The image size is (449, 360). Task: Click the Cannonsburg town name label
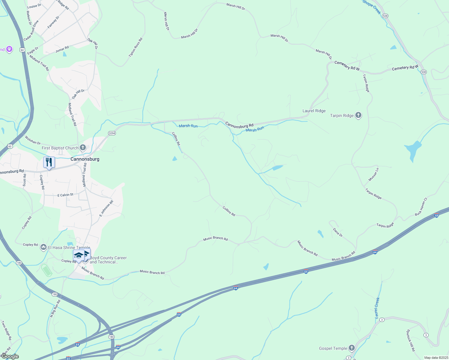pos(85,159)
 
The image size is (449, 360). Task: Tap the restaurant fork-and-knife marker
pos(49,163)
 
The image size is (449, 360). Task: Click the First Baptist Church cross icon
pos(83,148)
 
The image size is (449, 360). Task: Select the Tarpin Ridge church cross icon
pos(358,115)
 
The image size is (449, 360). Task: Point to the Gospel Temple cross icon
pos(351,348)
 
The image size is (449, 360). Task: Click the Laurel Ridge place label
pos(314,111)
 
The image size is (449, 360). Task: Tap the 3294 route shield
pos(112,133)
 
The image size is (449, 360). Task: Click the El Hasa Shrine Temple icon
pos(44,247)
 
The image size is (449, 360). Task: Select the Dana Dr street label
pos(338,232)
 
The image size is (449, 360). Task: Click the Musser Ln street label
pos(374,174)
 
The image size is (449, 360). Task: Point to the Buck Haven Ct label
pos(421,207)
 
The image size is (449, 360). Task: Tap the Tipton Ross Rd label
pos(135,47)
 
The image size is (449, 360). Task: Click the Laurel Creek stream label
pos(377,308)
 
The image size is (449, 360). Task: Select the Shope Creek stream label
pos(372,7)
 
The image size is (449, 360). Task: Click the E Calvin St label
pos(65,195)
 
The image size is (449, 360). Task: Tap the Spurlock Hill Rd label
pos(411,340)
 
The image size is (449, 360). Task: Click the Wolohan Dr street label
pos(33,140)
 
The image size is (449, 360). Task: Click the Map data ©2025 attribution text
pos(436,358)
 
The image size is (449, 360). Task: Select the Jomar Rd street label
pos(62,49)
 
